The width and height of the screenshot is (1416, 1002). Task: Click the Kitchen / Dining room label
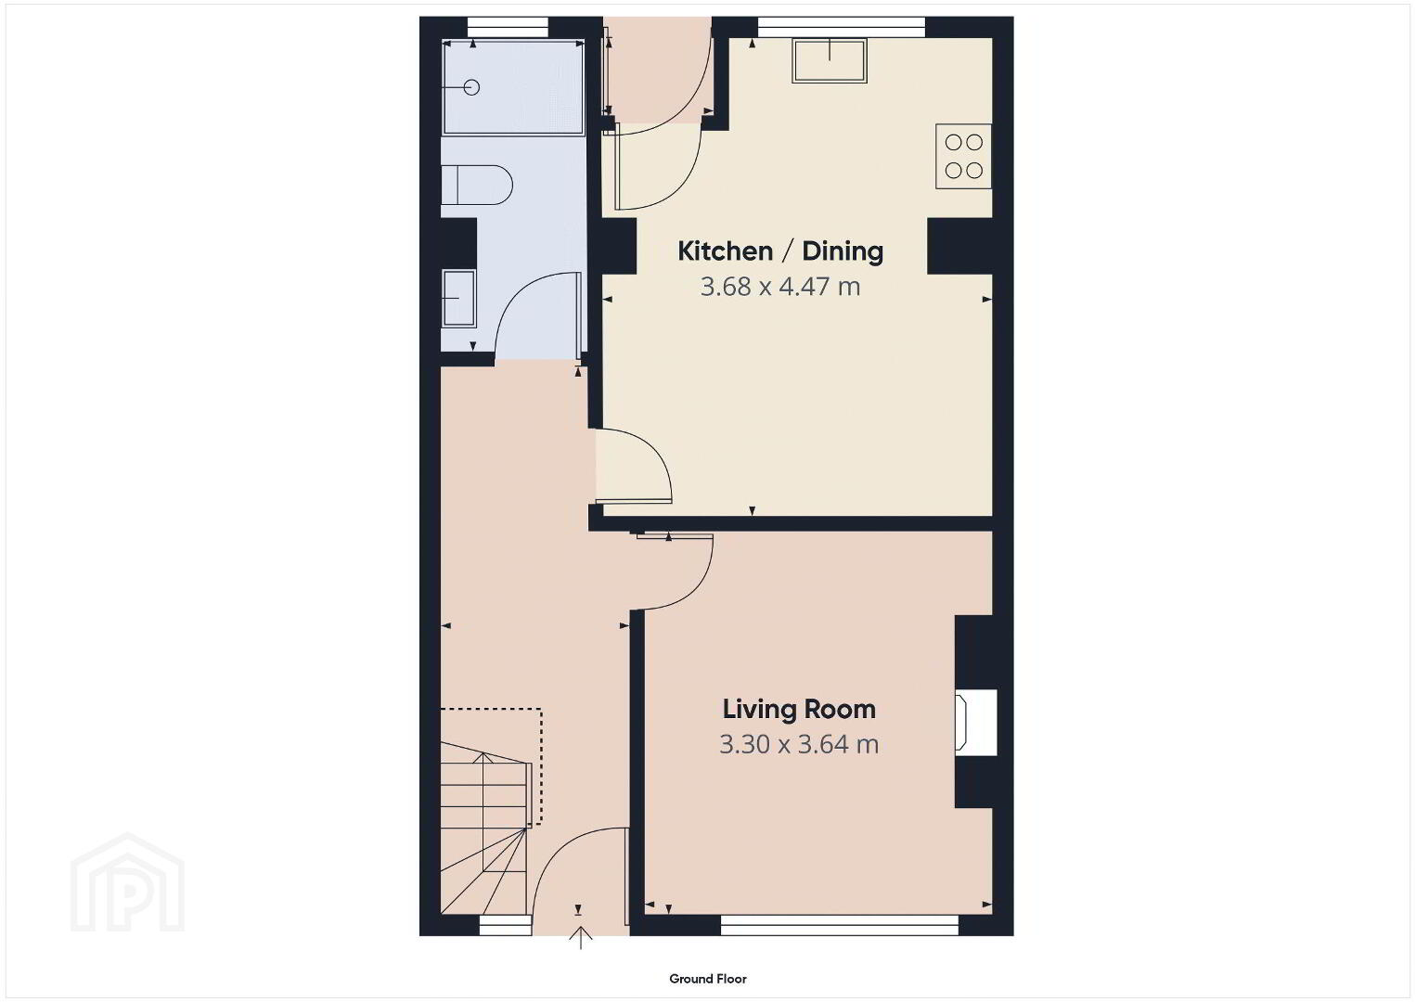pos(780,251)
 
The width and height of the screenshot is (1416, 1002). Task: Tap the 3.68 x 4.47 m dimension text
pos(780,287)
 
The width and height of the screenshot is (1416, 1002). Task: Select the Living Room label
pos(799,710)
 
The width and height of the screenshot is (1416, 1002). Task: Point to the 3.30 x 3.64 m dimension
pos(799,745)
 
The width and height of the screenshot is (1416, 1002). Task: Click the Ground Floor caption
pos(708,979)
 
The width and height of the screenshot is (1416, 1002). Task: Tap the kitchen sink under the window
pos(830,60)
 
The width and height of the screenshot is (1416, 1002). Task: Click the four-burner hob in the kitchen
pos(963,156)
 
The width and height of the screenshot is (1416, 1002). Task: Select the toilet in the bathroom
pos(477,186)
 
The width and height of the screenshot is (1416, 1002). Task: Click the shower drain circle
pos(471,87)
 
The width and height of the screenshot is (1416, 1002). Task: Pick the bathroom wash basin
pos(458,299)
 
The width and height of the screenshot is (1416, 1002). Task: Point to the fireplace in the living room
pos(976,723)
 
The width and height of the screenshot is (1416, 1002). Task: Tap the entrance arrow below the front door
pos(580,937)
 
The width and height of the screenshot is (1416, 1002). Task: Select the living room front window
pos(840,927)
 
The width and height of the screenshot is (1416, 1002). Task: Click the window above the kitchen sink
pos(842,27)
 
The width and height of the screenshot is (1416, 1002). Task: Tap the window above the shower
pos(508,28)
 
